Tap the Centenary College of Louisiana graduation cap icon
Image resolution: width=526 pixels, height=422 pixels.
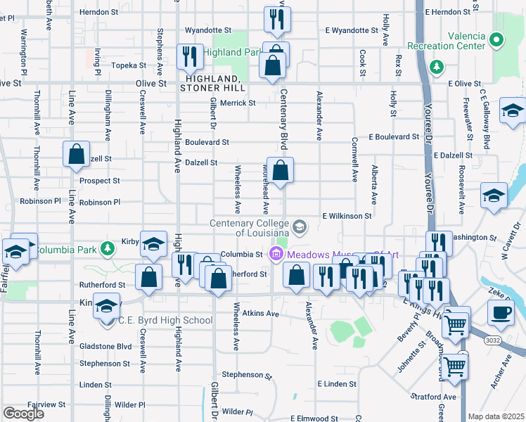[x=300, y=226]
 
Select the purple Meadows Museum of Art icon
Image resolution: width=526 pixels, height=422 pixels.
[x=277, y=254]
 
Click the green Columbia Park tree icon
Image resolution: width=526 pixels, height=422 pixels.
[x=107, y=248]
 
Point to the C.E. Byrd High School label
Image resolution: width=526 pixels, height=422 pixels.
[x=165, y=321]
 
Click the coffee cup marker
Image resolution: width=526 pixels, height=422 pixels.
[x=501, y=312]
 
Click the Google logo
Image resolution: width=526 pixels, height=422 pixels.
[x=23, y=414]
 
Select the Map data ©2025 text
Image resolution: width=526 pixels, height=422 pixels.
[x=496, y=416]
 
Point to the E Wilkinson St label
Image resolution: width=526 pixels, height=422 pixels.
[x=347, y=216]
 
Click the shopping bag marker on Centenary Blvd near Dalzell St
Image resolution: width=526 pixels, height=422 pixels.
[x=280, y=170]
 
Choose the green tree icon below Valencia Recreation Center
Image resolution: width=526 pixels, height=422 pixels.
[x=437, y=66]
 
